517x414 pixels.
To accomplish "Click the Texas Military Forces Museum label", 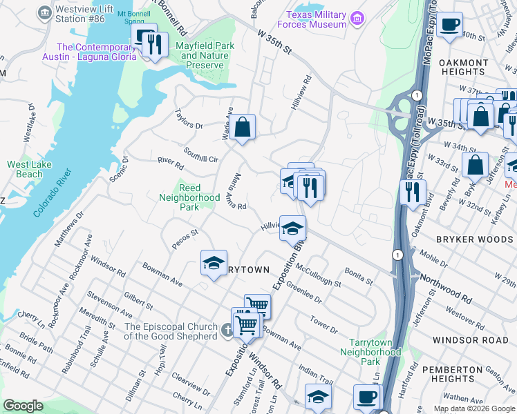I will [x=317, y=20].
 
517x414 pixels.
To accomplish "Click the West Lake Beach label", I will [x=24, y=169].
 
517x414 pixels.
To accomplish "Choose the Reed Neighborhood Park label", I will [x=199, y=197].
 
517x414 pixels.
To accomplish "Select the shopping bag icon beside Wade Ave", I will [x=243, y=127].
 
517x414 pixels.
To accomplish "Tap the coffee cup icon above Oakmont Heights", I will [x=449, y=25].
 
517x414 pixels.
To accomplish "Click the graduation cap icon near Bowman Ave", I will [x=214, y=262].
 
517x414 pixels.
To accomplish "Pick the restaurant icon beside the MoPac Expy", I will [x=413, y=191].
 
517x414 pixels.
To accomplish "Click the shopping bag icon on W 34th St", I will [x=475, y=165].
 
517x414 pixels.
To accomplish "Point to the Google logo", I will [x=23, y=406].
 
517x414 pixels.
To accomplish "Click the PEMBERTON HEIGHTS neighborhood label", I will [x=458, y=374].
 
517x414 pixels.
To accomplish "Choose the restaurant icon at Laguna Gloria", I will [x=155, y=46].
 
